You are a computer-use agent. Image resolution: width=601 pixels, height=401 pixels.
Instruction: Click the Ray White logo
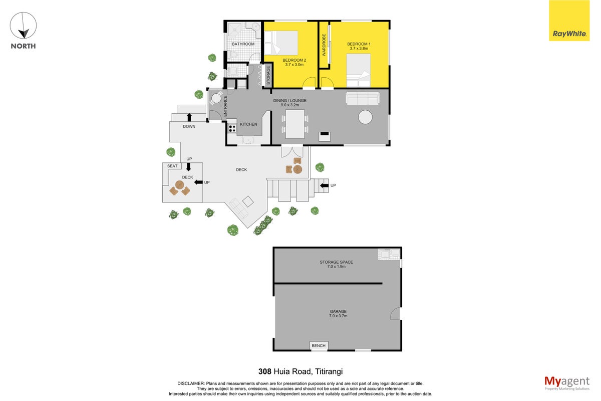pyautogui.click(x=569, y=21)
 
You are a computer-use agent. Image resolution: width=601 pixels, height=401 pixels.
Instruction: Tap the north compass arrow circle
pyautogui.click(x=23, y=25)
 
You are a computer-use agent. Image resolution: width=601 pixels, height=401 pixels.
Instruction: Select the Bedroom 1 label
pyautogui.click(x=359, y=46)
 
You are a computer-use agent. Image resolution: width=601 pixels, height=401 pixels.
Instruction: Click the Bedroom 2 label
pyautogui.click(x=294, y=62)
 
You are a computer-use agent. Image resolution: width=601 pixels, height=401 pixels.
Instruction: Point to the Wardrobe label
pyautogui.click(x=324, y=45)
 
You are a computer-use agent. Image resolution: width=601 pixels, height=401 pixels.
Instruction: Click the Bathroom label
pyautogui.click(x=243, y=44)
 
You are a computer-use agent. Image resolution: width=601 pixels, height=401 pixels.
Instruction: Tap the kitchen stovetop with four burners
pyautogui.click(x=232, y=128)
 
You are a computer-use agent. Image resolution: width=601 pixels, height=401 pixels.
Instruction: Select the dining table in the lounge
pyautogui.click(x=295, y=124)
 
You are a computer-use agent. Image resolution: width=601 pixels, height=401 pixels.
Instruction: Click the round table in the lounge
pyautogui.click(x=365, y=117)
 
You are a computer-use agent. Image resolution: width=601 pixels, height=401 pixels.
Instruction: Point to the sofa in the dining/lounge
pyautogui.click(x=363, y=98)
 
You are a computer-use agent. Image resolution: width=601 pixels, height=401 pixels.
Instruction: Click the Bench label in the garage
pyautogui.click(x=319, y=346)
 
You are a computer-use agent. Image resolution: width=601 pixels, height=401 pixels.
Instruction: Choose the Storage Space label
pyautogui.click(x=336, y=262)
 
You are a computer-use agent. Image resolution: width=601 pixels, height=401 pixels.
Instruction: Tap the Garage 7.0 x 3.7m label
pyautogui.click(x=338, y=313)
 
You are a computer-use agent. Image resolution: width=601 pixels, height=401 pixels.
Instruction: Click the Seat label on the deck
pyautogui.click(x=172, y=166)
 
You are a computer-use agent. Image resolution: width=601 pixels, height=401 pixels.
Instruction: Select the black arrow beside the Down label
pyautogui.click(x=189, y=117)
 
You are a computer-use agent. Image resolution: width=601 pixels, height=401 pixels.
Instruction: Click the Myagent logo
pyautogui.click(x=567, y=383)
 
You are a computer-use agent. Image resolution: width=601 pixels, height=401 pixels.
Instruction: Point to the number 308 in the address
pyautogui.click(x=265, y=371)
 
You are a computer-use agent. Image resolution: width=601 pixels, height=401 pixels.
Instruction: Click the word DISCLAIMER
pyautogui.click(x=191, y=383)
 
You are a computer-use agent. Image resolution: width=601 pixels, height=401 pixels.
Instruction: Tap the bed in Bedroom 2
pyautogui.click(x=281, y=43)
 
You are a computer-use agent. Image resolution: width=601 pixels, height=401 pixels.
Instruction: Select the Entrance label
pyautogui.click(x=225, y=106)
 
